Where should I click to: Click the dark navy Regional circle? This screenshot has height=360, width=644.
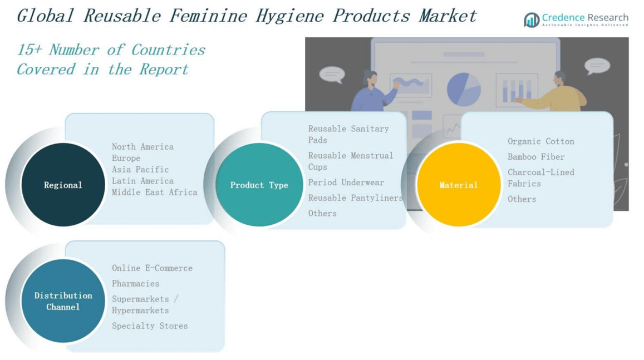[63, 185]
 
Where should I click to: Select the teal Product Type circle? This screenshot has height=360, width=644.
[259, 185]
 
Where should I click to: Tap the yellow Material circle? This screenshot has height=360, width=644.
[458, 185]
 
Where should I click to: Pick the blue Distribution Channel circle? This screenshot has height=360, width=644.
[63, 301]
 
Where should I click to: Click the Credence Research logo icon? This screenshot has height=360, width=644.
[532, 20]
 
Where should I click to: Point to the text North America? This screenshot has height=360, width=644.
[142, 147]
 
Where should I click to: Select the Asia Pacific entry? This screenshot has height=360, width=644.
[140, 170]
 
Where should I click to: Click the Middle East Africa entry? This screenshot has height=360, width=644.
[154, 193]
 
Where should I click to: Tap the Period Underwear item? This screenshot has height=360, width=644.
[346, 183]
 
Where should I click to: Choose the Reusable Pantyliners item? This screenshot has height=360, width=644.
[355, 198]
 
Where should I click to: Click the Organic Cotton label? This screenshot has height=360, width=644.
[540, 141]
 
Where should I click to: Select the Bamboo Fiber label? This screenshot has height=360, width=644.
[536, 157]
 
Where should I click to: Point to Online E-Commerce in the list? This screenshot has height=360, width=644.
[152, 268]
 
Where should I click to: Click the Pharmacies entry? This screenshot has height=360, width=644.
[135, 284]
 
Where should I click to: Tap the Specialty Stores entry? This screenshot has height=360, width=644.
[150, 326]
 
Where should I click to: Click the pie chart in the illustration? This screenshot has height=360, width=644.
[463, 89]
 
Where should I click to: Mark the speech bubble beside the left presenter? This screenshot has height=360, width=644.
[332, 74]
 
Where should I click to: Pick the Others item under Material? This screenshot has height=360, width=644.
[522, 199]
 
